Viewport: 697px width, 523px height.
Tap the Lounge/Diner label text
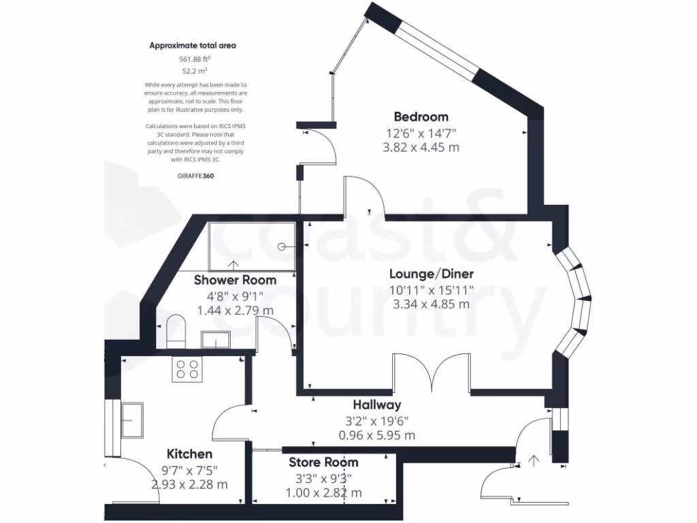(x=432, y=274)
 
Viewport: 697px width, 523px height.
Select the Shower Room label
(x=235, y=280)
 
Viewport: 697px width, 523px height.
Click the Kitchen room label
(x=189, y=454)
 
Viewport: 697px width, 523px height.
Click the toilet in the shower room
(x=176, y=330)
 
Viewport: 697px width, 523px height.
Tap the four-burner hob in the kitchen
(x=188, y=369)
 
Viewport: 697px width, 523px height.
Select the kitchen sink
(x=132, y=419)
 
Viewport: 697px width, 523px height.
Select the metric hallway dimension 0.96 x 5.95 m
(x=376, y=435)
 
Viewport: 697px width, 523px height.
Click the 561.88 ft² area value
(x=193, y=59)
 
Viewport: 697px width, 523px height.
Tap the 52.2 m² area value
(x=193, y=71)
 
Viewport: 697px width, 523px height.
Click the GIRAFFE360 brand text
(x=193, y=175)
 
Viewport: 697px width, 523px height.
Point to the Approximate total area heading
(x=193, y=46)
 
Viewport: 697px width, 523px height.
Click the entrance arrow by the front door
(x=534, y=460)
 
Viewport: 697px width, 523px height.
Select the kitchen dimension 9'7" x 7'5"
(x=189, y=469)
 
